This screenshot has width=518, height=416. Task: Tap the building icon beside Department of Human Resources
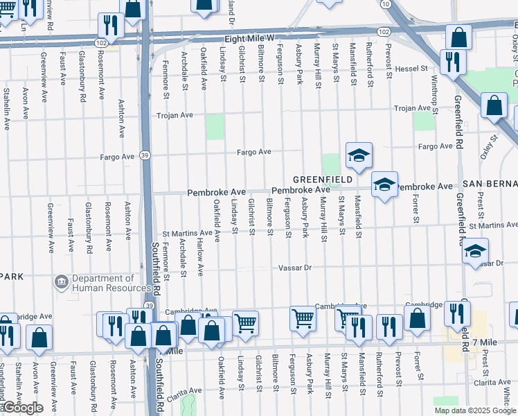pos(60,283)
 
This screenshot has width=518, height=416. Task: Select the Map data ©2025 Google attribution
pos(475,410)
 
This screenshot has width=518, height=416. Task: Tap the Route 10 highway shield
pos(385,4)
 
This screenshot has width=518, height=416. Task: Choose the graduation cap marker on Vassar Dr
pos(475,252)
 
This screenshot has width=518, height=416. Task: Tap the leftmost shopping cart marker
pos(245,322)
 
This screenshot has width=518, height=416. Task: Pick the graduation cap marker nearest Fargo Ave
pos(359,156)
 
